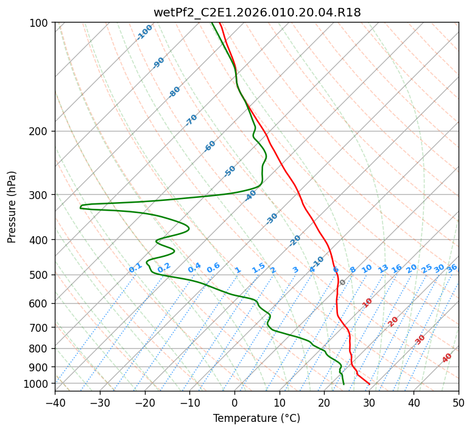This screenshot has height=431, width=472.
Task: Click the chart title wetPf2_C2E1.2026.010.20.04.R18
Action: click(257, 13)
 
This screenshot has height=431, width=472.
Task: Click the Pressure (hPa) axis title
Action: click(12, 207)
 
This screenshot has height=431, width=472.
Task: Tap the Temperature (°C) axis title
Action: click(257, 418)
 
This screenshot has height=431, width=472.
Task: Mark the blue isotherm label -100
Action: click(145, 32)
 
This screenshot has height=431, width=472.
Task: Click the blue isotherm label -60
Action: click(210, 146)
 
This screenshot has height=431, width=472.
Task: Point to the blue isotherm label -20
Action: click(295, 240)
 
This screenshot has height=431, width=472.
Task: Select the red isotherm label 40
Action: click(447, 358)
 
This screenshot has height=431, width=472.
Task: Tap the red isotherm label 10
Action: click(367, 303)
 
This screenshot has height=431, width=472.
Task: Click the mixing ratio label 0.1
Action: click(135, 268)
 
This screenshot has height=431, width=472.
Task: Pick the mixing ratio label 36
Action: click(452, 268)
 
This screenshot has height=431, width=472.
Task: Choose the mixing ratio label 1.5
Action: click(259, 268)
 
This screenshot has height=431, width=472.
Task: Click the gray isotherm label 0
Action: click(342, 282)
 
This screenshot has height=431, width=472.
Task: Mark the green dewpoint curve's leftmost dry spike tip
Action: click(80, 207)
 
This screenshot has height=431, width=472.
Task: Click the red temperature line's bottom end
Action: click(369, 384)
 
